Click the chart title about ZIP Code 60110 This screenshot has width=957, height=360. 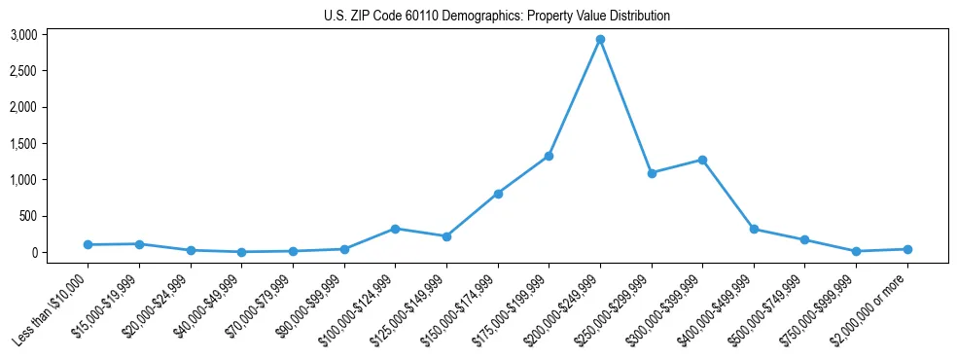tap(496, 17)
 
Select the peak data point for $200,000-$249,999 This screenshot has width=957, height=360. tap(601, 40)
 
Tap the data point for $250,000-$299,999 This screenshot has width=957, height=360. tap(652, 173)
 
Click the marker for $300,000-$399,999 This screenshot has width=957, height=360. tap(702, 160)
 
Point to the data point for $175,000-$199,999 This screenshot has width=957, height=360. tap(549, 156)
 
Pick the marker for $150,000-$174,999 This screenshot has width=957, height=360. tap(498, 194)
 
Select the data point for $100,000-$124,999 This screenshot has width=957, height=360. tap(396, 229)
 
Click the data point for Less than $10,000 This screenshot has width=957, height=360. tap(89, 244)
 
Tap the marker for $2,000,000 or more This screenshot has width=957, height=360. tap(907, 249)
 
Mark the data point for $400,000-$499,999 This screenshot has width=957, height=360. tap(754, 230)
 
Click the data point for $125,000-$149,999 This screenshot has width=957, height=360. tap(446, 236)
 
